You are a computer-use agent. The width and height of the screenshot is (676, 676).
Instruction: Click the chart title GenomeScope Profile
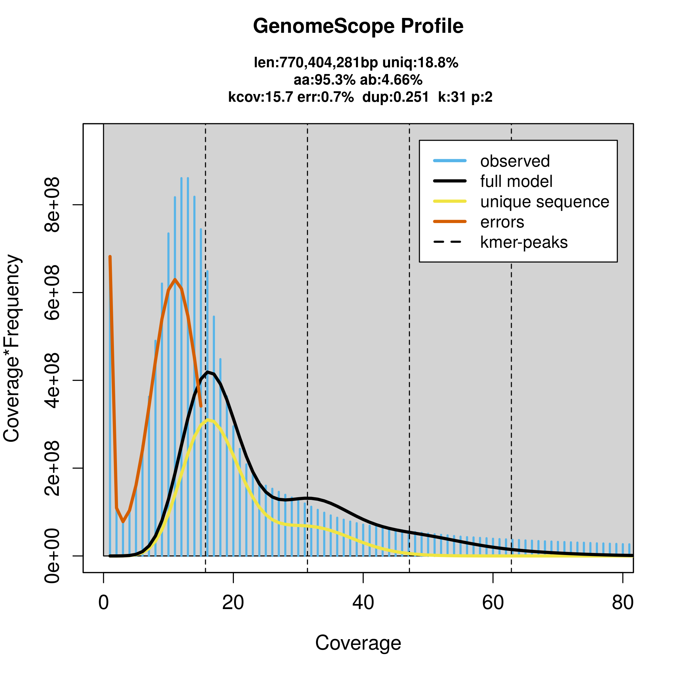point(358,26)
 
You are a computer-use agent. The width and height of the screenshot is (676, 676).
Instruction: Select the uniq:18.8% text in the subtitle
point(420,63)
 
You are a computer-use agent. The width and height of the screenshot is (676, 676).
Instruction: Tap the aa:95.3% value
point(324,80)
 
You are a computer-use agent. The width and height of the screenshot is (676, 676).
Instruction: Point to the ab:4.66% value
point(391,80)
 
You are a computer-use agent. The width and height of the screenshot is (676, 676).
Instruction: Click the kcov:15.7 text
point(260,97)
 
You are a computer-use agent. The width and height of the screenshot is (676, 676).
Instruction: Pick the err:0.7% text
point(325,97)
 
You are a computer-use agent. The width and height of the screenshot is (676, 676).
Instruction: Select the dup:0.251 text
point(395,97)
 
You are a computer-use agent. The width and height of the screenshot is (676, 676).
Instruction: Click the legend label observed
point(515,161)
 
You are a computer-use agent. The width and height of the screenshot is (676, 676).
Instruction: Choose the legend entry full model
point(516,182)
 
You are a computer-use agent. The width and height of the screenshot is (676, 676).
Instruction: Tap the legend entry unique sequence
point(545,202)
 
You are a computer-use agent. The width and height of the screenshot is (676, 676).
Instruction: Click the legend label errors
point(502,222)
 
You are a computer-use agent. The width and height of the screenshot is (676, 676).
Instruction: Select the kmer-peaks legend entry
point(524,242)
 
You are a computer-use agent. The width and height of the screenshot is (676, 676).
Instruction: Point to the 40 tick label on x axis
point(363,603)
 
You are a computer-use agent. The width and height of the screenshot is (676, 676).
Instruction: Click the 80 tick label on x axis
point(623,603)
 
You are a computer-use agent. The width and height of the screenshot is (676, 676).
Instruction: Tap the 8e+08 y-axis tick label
point(52,205)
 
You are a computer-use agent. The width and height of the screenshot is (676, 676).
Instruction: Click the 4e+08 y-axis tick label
point(52,380)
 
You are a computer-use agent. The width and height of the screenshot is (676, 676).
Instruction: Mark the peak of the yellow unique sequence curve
point(208,419)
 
